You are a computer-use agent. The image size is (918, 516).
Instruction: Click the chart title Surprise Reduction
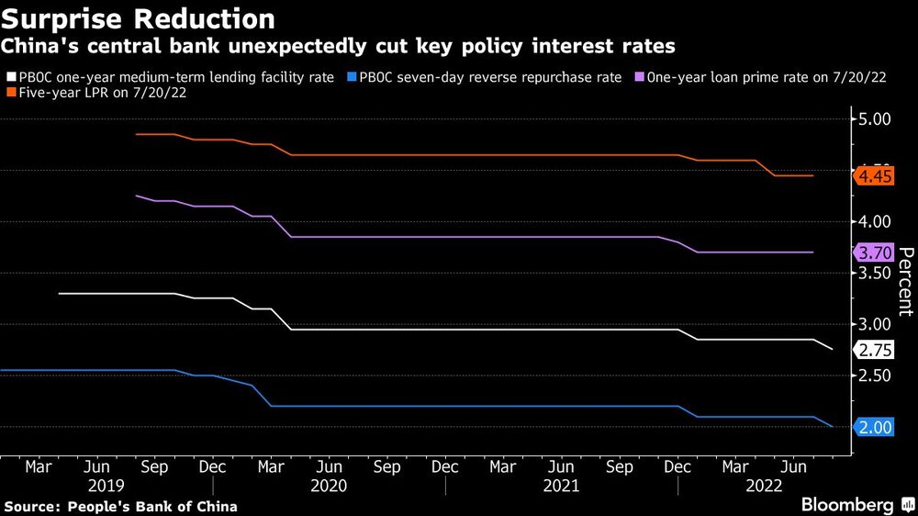[139, 18]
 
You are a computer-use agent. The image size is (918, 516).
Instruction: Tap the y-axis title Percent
[905, 281]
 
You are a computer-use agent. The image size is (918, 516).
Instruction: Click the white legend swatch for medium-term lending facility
[11, 78]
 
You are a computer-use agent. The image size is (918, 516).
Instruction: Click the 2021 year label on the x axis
[561, 485]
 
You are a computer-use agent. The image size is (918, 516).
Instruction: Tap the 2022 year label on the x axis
[764, 485]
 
